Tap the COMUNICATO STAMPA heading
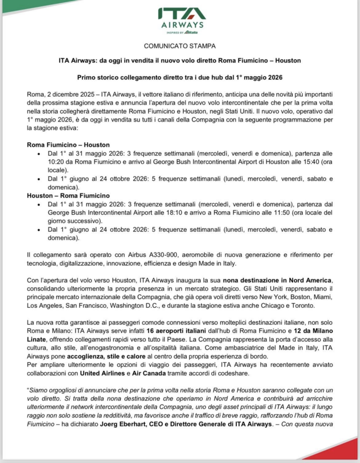(180, 46)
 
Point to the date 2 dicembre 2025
(65, 94)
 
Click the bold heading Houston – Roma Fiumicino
(68, 196)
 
